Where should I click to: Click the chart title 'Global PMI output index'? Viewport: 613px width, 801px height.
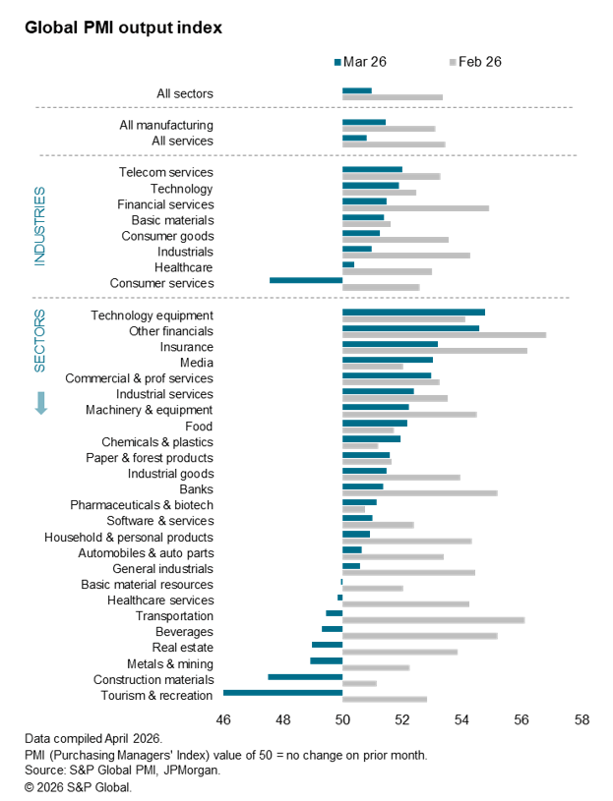coord(124,28)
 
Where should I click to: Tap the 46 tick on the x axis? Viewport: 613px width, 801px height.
coord(223,719)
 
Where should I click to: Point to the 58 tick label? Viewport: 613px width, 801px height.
coord(582,719)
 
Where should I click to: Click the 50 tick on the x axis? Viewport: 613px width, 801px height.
coord(342,719)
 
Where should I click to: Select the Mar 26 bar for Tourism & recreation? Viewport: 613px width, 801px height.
coord(283,692)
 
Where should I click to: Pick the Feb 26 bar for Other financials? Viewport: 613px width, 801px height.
coord(444,335)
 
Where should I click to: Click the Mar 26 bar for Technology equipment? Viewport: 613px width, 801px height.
coord(413,312)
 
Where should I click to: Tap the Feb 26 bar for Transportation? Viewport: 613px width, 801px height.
coord(433,619)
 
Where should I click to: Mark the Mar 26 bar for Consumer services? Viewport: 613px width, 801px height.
coord(306,280)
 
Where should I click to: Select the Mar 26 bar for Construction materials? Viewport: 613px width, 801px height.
coord(305,676)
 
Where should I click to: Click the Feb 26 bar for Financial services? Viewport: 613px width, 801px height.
coord(415,208)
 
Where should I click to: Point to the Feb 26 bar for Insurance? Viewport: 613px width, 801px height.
coord(434,351)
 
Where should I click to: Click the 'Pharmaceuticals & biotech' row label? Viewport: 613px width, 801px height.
coord(142,505)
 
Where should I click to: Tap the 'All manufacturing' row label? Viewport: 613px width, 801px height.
coord(166,125)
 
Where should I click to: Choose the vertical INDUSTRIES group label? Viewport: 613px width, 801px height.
coord(40,226)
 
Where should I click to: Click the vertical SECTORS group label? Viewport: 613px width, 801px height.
coord(40,341)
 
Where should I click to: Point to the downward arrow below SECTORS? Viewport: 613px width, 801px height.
coord(41,403)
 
